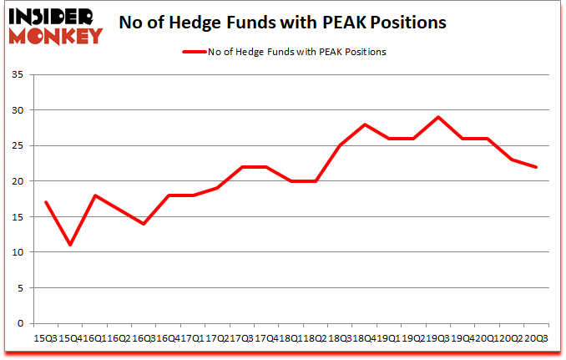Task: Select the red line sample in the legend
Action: [195, 52]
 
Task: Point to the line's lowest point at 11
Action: [70, 245]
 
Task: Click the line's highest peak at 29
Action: [438, 117]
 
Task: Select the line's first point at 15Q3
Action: [45, 202]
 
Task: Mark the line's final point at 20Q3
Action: [537, 167]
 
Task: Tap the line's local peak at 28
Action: [365, 124]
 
